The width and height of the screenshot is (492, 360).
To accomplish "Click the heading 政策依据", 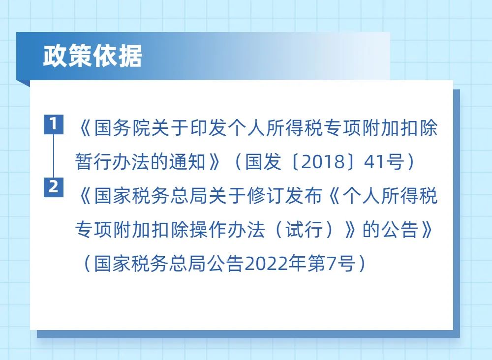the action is coord(92,56).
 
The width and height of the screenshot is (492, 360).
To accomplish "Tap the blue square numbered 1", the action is coord(53,124).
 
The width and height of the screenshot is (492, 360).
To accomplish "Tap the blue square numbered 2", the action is coord(53,187).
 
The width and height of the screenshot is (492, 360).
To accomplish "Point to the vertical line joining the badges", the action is coord(54,156).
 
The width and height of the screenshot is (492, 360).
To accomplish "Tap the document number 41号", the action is coord(384,162).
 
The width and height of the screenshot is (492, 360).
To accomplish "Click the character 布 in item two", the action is coord(313,196).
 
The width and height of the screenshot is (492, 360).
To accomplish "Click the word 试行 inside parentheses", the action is coord(304,230).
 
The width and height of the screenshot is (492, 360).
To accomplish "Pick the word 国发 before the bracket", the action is coord(263,162).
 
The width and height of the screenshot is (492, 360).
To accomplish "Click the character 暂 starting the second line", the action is coord(84,162).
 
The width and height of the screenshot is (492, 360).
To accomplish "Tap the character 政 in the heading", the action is coord(55,56).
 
